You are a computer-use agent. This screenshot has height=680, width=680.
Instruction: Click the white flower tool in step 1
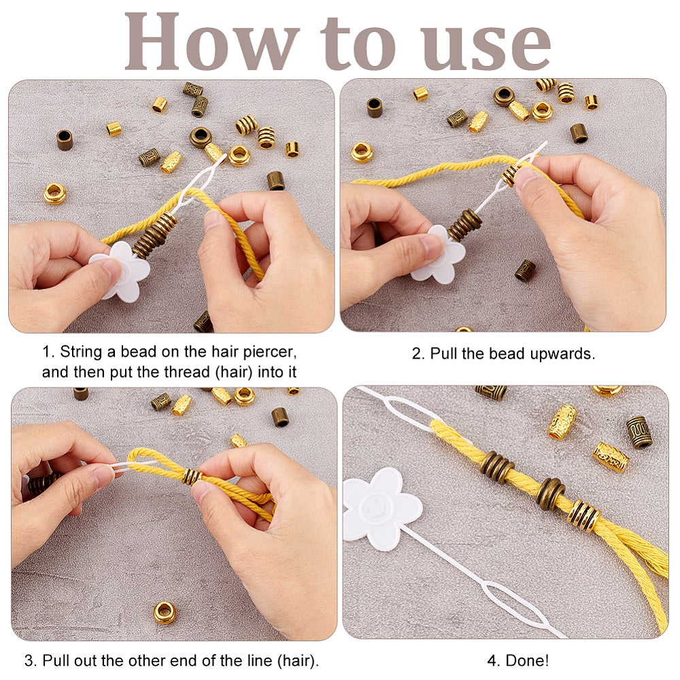[x=120, y=271]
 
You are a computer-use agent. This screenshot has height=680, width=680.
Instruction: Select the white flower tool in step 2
[x=438, y=255]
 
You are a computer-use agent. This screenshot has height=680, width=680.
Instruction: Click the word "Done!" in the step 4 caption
[x=527, y=660]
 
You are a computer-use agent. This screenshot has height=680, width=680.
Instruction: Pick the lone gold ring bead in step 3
[x=165, y=612]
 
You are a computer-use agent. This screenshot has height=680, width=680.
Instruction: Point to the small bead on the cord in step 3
[x=192, y=476]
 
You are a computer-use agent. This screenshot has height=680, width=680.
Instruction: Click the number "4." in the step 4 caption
[x=494, y=660]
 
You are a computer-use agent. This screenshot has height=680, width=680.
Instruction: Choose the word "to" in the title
[x=358, y=44]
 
